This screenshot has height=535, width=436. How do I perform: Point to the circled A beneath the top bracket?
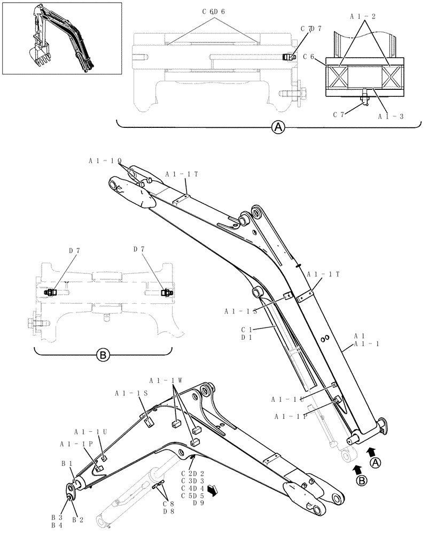(x=278, y=127)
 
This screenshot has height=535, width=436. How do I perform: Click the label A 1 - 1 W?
(x=166, y=380)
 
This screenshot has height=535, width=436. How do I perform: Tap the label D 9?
(x=198, y=502)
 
